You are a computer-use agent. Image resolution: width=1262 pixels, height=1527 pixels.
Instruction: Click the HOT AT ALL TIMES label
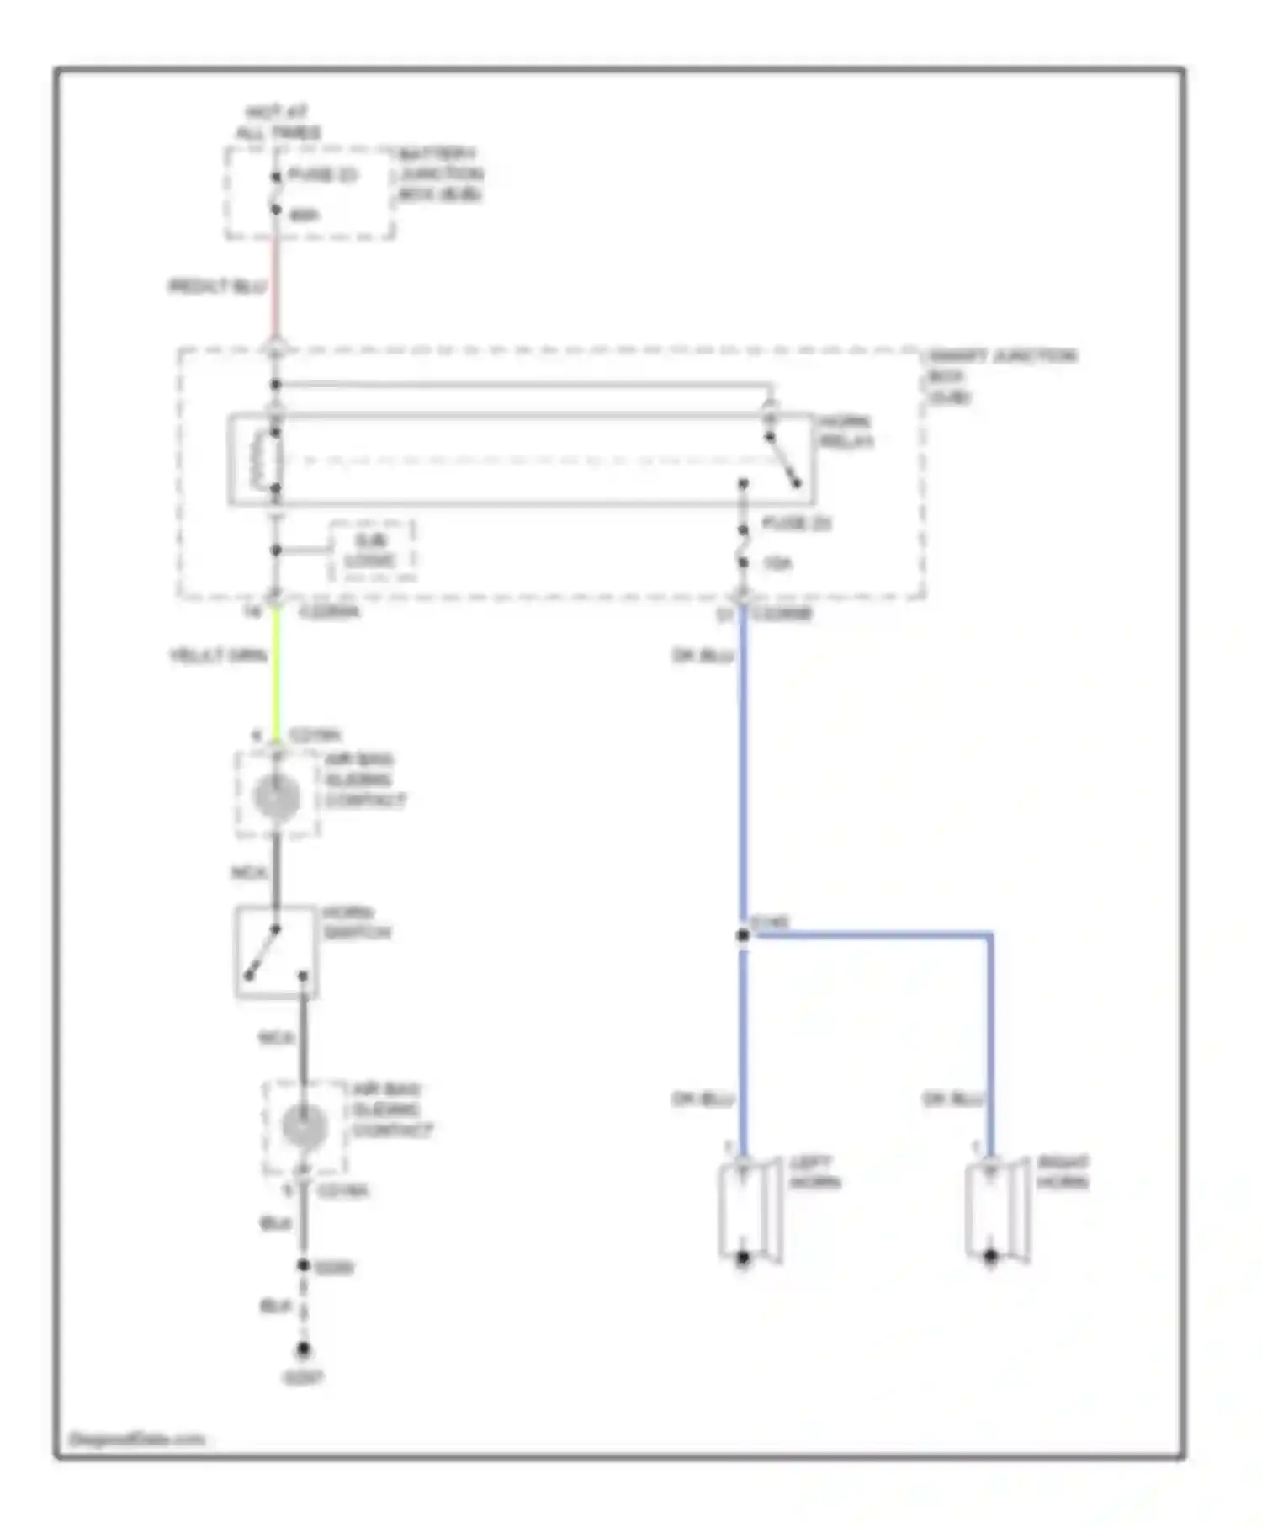[277, 123]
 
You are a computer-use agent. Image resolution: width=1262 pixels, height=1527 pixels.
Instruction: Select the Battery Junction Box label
[439, 174]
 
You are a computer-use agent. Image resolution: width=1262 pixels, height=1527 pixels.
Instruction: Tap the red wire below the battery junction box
[275, 286]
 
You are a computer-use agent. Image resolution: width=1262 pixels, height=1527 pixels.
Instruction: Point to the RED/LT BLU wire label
[217, 287]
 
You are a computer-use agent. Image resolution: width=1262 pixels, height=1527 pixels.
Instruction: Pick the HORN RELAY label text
[846, 432]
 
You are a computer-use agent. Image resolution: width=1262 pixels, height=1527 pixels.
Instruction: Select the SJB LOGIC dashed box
[371, 551]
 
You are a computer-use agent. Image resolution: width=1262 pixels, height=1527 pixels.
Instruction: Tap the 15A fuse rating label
[777, 564]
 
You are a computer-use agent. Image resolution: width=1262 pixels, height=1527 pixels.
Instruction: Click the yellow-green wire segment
[276, 673]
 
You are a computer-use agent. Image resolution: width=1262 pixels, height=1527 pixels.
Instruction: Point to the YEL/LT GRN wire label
[218, 656]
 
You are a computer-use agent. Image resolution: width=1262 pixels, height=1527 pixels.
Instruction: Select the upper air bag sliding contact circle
[276, 795]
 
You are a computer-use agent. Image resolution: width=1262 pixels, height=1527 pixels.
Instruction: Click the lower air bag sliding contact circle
[304, 1126]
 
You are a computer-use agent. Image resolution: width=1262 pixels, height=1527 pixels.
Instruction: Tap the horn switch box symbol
[275, 952]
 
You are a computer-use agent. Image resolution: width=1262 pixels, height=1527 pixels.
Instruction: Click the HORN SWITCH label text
[357, 923]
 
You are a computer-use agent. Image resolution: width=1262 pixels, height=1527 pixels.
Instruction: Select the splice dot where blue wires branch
[743, 935]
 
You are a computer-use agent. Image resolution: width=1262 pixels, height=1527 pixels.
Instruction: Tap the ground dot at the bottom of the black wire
[303, 1349]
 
